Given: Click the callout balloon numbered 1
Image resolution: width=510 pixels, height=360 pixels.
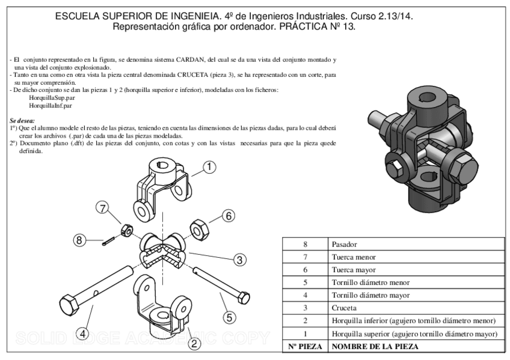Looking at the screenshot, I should (209, 168).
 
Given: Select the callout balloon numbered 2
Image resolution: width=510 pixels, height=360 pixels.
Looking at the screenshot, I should (194, 343).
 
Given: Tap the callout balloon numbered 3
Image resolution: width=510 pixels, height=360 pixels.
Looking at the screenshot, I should (239, 260).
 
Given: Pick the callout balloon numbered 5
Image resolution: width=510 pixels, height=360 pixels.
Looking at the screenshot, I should (231, 316).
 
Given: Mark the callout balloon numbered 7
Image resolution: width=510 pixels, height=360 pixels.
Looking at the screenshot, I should (103, 209).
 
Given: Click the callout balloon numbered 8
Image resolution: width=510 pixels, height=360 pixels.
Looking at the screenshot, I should (79, 240).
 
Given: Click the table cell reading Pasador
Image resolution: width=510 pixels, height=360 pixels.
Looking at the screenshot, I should (343, 245).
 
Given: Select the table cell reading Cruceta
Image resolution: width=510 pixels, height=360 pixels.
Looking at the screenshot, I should (343, 308).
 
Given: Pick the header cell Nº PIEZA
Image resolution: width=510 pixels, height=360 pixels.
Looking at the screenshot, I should (305, 347).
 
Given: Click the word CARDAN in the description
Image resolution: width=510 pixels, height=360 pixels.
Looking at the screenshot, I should (191, 59).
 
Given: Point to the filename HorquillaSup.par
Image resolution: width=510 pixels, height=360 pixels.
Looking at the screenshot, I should (52, 97).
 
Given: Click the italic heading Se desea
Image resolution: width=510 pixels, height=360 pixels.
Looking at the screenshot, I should (22, 120).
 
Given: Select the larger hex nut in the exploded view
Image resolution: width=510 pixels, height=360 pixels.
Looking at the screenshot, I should (199, 228).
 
